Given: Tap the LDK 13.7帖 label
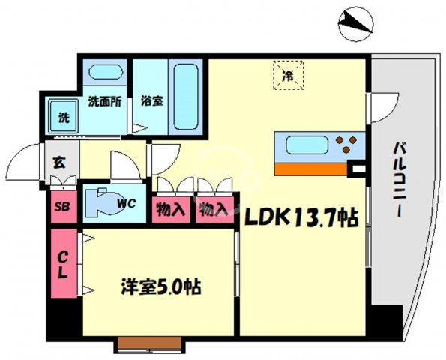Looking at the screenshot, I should [x=298, y=218].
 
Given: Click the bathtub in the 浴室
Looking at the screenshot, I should [x=184, y=97].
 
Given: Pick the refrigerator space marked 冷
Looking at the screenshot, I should [x=288, y=74].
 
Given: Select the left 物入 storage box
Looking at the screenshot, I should [x=170, y=209].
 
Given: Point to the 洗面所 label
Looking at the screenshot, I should [x=106, y=100].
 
